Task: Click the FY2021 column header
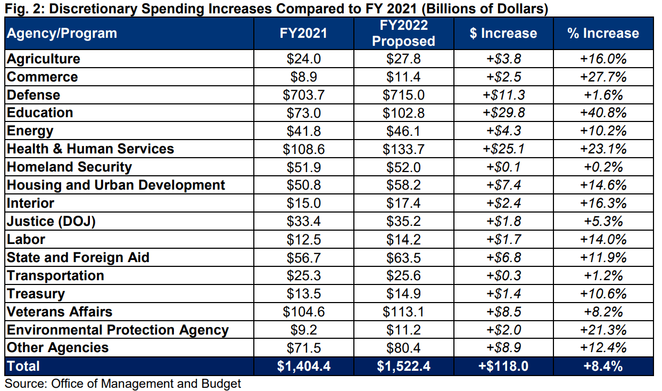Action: point(303,33)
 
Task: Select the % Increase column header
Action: point(603,33)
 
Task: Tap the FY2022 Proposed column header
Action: point(403,33)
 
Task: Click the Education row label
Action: point(40,113)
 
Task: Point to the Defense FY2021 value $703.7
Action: point(303,95)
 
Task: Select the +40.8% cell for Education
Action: point(603,113)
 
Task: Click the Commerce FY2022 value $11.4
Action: point(403,77)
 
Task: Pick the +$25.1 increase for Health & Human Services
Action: point(503,149)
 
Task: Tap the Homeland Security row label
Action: point(69,167)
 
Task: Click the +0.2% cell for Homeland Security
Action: point(603,167)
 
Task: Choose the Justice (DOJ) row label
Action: point(51,221)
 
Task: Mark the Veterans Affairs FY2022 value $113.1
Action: point(403,312)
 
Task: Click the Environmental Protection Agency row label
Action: point(118,330)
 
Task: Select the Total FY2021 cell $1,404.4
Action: point(303,366)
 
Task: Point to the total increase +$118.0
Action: point(503,366)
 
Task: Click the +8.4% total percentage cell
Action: point(603,366)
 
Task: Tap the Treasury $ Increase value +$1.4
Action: point(503,294)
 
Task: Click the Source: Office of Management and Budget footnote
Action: point(123,384)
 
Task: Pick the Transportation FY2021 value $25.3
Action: point(303,275)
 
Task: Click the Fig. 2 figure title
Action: point(276,8)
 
